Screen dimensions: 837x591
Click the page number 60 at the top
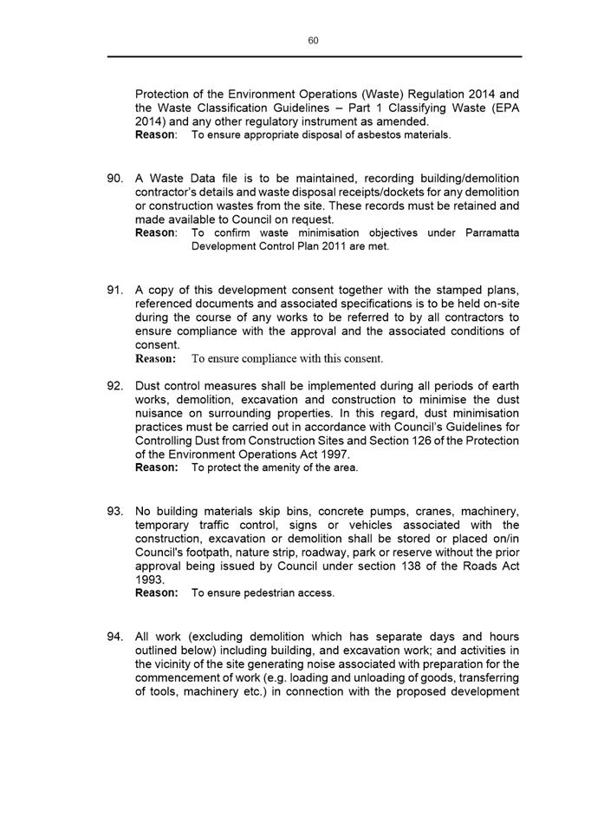314,41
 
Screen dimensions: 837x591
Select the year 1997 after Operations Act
335,454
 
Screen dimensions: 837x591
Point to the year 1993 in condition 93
149,579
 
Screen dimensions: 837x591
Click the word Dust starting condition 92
150,386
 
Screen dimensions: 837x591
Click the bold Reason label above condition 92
155,358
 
